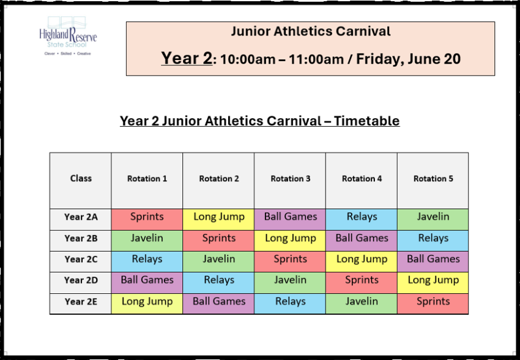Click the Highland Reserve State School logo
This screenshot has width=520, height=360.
tap(68, 36)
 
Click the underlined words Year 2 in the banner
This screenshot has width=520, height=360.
tap(187, 58)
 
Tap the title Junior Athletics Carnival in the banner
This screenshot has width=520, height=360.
tap(311, 31)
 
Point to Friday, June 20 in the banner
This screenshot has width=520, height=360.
tap(408, 59)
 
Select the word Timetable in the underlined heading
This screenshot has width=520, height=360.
tap(366, 121)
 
